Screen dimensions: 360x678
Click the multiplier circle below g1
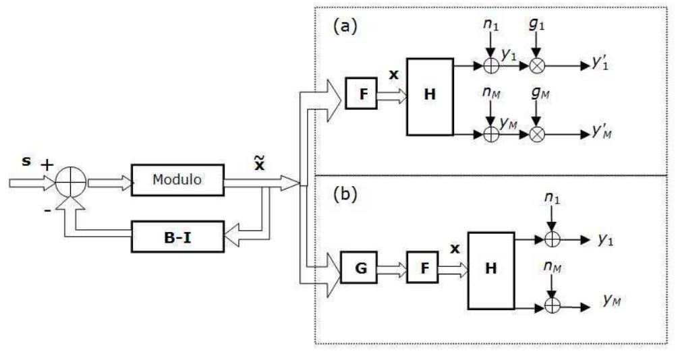click(537, 66)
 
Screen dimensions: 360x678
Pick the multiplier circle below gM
click(537, 135)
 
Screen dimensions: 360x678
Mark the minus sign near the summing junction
click(48, 209)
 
